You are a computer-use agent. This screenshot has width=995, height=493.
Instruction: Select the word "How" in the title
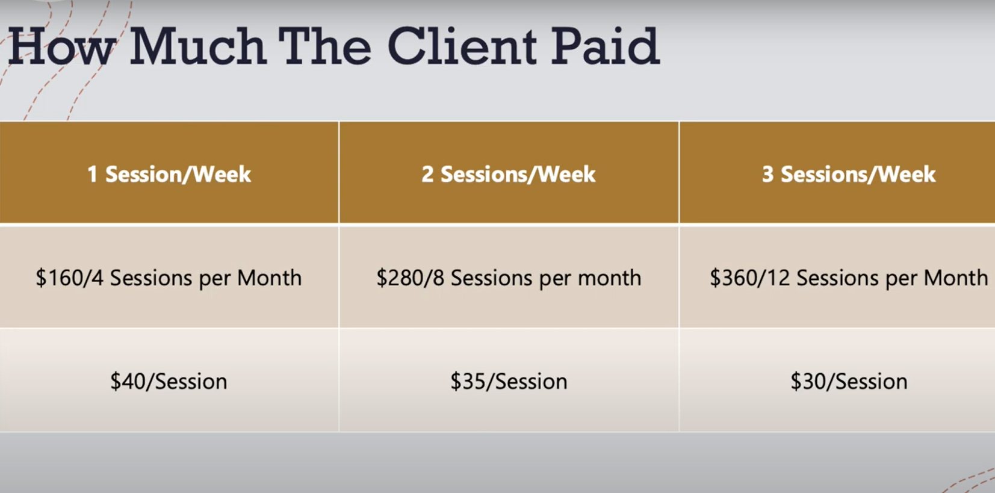coord(60,46)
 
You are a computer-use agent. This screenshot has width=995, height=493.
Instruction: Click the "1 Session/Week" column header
coord(169,175)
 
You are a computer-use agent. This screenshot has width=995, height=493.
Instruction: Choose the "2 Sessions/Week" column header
coord(509,175)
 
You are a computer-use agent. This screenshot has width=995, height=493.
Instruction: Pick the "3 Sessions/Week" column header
coord(849,175)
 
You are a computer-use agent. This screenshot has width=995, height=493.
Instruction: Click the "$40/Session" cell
coord(169,382)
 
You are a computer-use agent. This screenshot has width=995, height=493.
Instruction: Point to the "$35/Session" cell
coord(509,382)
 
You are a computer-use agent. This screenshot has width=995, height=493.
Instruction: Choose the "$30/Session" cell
coord(849,382)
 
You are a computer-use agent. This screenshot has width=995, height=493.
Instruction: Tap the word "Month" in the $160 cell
coord(269,278)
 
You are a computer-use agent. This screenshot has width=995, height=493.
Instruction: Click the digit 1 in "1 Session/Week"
coord(92,175)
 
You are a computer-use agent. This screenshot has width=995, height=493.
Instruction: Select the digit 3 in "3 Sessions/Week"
coord(767,175)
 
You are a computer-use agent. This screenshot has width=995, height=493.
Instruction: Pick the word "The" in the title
coord(325,46)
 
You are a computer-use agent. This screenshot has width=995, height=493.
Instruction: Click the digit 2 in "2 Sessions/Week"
coord(427,175)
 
